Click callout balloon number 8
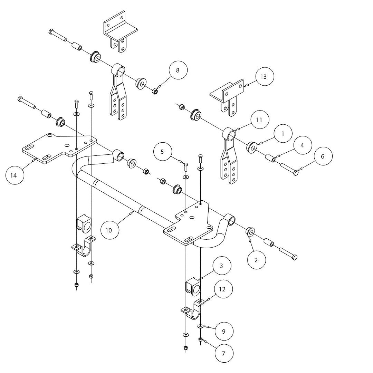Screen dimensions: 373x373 tap(178, 70)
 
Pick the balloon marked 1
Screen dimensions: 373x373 tap(283, 133)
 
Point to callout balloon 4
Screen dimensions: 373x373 tap(302, 145)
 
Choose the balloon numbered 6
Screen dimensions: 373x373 tap(323, 156)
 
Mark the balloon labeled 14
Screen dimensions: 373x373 tap(13, 175)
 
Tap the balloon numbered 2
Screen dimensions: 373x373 tap(256, 260)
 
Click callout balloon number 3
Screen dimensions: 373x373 tap(221, 266)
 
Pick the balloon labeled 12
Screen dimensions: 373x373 tap(222, 289)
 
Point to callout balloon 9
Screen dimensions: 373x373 tap(223, 331)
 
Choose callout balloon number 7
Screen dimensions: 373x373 tap(223, 353)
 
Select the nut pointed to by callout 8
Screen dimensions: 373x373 tap(155, 92)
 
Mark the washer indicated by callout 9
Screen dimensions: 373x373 tap(200, 326)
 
